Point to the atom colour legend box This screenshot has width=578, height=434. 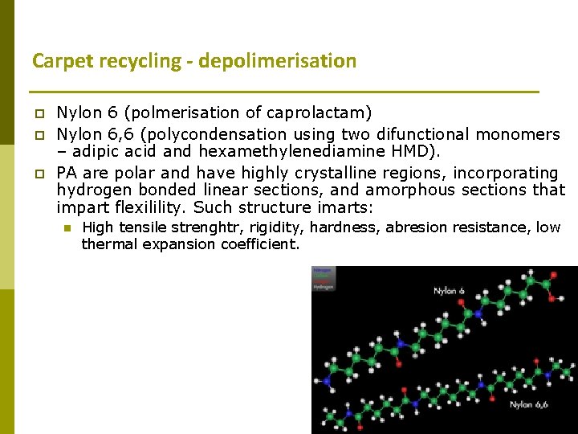tap(324, 279)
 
